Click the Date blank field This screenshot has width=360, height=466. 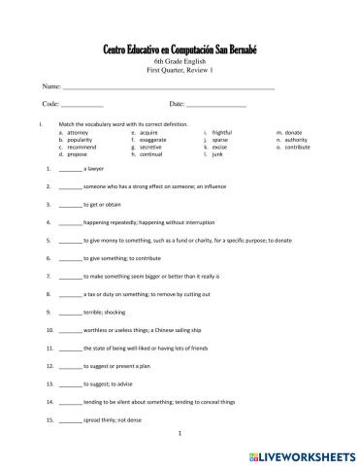point(215,104)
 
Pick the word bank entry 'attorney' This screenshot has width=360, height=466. point(81,131)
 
